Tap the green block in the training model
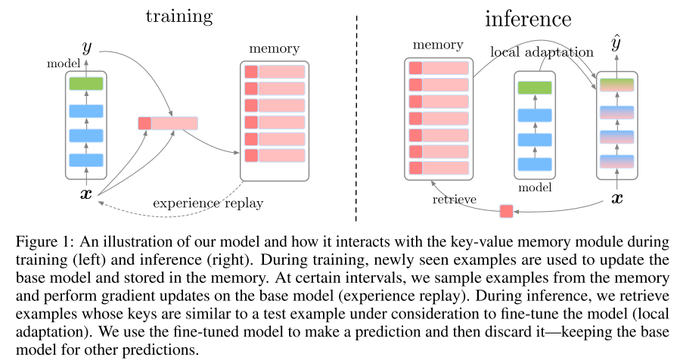tap(85, 83)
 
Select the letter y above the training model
tap(87, 47)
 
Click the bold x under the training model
tap(86, 194)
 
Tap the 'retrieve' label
tap(454, 200)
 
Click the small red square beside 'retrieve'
tap(506, 211)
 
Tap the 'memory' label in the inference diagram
tap(437, 45)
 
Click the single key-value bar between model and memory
tap(168, 123)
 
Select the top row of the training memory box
tap(274, 72)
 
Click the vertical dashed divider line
tap(356, 113)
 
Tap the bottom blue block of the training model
tap(85, 160)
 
